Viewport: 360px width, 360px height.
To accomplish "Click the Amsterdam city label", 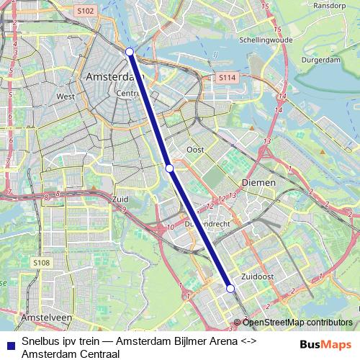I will pos(111,76).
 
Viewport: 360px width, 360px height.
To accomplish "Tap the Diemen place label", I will pos(258,183).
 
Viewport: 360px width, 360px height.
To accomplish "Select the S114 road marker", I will pos(228,76).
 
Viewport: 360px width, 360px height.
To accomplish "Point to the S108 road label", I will pos(41,264).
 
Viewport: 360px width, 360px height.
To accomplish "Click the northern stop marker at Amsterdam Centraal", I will pos(130,52).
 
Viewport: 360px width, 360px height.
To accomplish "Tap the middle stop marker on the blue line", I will pos(170,168).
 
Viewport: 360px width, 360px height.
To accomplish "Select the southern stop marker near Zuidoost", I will pos(230,288).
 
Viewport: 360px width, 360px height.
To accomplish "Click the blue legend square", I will pos(9,344).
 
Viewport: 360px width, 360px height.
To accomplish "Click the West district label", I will pos(66,96).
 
